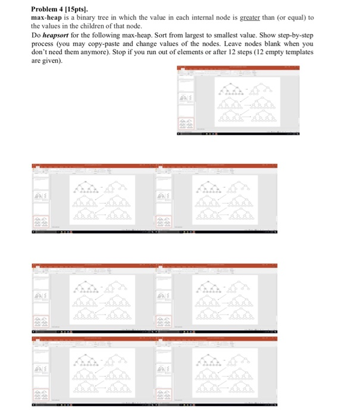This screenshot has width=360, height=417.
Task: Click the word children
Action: point(105,27)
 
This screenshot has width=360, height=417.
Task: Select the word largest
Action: point(198,36)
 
